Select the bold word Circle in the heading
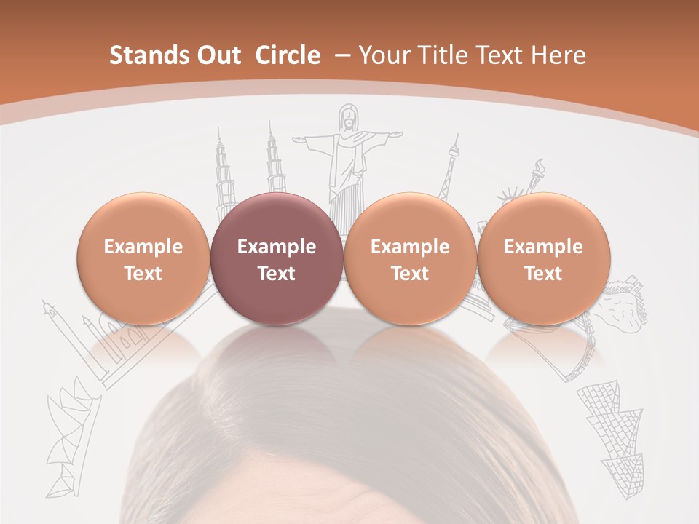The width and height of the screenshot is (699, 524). (288, 56)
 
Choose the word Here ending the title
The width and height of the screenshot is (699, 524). (561, 56)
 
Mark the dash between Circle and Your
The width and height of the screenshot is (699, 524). (341, 56)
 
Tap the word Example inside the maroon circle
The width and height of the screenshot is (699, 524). (276, 247)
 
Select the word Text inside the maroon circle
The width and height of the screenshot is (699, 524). (276, 274)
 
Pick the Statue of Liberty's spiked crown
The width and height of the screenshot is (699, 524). (508, 196)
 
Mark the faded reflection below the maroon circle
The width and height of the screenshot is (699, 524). (276, 342)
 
